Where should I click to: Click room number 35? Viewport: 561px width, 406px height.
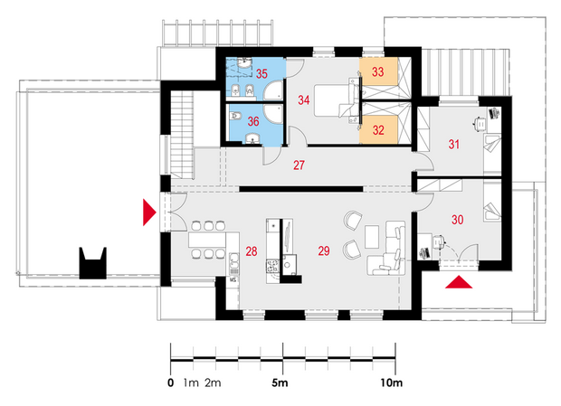[261, 73]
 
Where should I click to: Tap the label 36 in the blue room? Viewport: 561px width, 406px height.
[253, 121]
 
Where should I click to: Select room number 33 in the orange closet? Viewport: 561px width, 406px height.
[378, 71]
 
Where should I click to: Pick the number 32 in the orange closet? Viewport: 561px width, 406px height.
[378, 130]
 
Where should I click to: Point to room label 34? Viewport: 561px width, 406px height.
[304, 100]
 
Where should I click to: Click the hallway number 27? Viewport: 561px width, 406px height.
[300, 165]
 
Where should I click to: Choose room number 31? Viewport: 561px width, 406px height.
[454, 145]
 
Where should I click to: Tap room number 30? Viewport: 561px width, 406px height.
[458, 220]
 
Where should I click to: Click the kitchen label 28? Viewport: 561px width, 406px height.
[252, 251]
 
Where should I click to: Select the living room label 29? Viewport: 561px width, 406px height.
[324, 250]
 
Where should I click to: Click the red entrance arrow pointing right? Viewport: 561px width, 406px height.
[149, 212]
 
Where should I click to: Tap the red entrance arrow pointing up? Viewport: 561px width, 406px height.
[459, 282]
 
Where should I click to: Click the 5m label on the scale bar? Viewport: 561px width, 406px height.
[280, 383]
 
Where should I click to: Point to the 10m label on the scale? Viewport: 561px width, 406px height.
[392, 383]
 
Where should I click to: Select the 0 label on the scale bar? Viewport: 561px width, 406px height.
[171, 383]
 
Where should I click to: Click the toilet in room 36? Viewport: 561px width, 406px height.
[235, 116]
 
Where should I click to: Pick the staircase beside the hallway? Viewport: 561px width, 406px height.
[183, 135]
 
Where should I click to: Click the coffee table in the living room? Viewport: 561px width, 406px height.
[372, 237]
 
